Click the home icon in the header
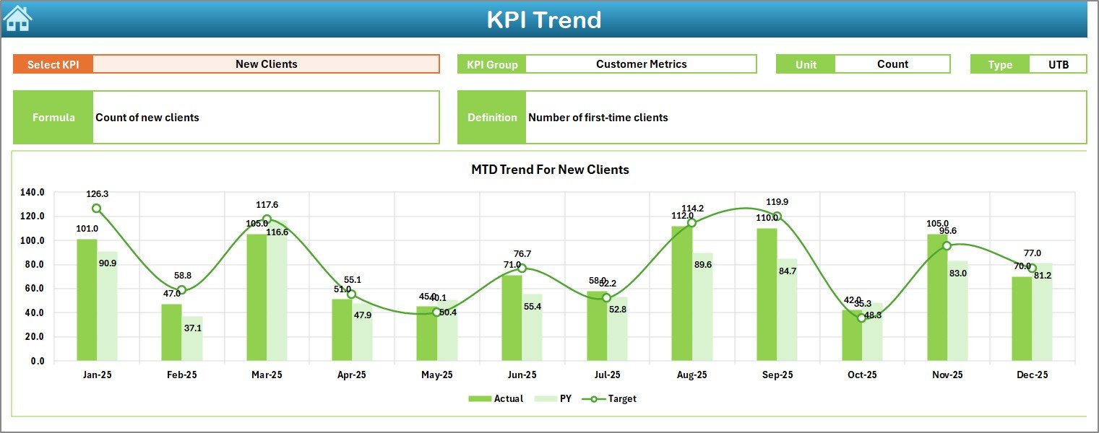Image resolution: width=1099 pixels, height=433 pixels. [17, 19]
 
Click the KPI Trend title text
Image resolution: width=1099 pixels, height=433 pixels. [543, 19]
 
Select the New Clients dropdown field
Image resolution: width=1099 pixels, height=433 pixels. [266, 64]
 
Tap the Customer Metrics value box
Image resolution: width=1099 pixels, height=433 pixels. [641, 64]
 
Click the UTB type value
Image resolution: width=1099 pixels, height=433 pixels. [1059, 64]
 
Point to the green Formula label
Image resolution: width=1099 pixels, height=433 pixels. [53, 118]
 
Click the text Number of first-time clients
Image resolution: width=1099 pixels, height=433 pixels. [598, 118]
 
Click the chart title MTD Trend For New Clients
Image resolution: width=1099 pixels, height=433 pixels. [550, 170]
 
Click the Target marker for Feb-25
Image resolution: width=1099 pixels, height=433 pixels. [181, 290]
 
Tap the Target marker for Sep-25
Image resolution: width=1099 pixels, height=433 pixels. [777, 216]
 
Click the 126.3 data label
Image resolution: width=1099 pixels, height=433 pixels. [97, 194]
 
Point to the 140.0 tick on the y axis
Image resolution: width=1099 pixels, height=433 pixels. [33, 193]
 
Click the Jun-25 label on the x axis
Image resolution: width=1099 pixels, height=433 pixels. [522, 375]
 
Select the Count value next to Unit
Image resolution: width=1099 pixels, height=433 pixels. [892, 64]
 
